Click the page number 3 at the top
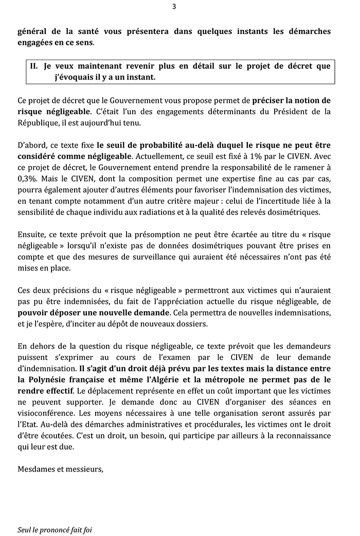pyautogui.click(x=174, y=7)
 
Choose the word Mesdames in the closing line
pyautogui.click(x=35, y=469)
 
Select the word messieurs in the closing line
pyautogui.click(x=84, y=469)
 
